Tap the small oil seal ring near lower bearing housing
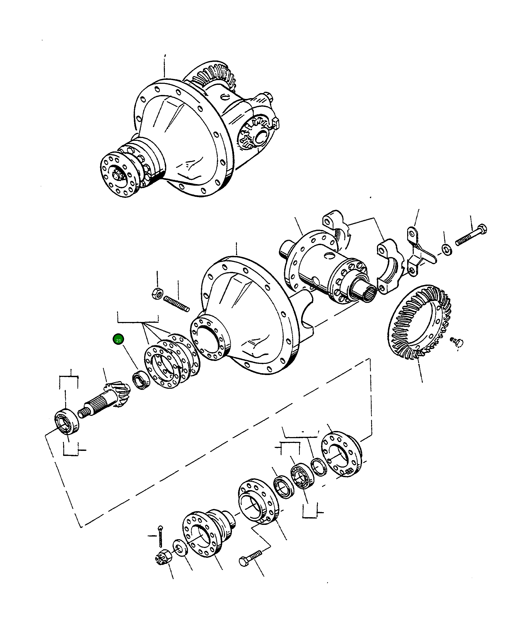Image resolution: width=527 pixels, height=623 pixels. (319, 467)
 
